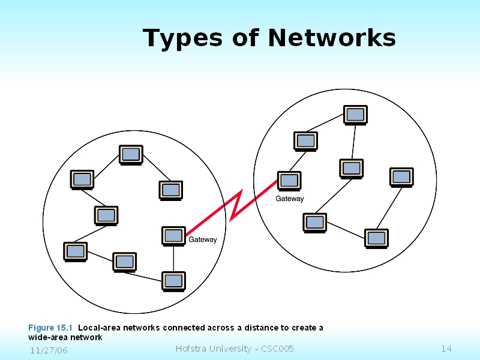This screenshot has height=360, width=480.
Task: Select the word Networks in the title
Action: [x=332, y=38]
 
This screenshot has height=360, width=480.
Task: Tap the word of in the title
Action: [x=246, y=38]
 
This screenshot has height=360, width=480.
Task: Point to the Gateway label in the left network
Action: [x=203, y=240]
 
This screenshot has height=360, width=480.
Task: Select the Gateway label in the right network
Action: [x=290, y=199]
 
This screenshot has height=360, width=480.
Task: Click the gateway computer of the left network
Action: [x=173, y=235]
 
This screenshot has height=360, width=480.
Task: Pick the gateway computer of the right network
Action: [x=289, y=180]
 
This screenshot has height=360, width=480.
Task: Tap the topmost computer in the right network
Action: [x=355, y=114]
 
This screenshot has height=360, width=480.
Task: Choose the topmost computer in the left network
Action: [x=131, y=154]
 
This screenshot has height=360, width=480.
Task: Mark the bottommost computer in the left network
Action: [x=173, y=280]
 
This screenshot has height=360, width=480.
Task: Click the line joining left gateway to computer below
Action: [x=173, y=258]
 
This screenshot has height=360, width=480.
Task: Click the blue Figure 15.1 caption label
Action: [x=50, y=328]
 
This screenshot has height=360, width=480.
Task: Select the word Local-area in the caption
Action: [x=98, y=328]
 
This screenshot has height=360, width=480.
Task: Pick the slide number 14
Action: [x=446, y=349]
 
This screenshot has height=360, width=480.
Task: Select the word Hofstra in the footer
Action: [x=191, y=349]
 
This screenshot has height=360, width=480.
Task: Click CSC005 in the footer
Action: [x=276, y=349]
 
